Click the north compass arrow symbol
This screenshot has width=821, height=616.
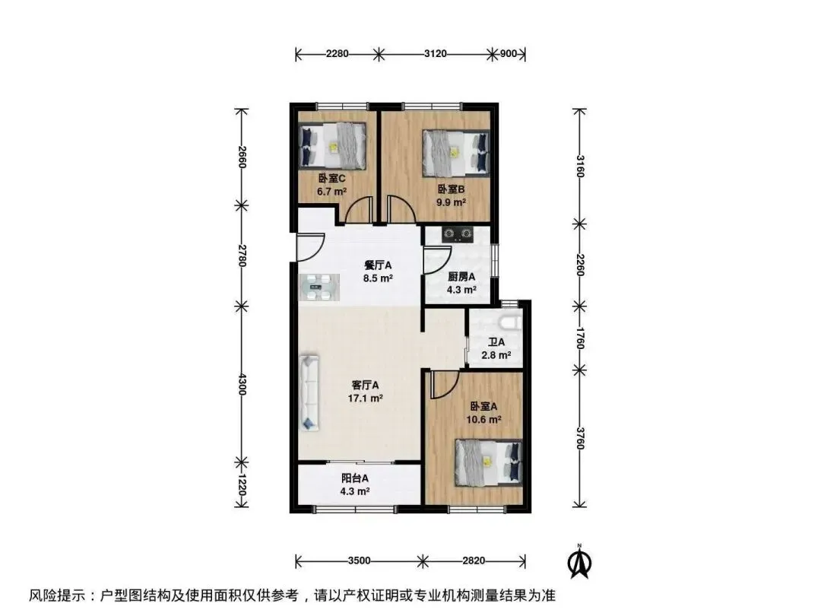coord(579,561)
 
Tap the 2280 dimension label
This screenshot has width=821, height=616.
coord(338,53)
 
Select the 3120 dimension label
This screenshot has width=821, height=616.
coord(436,53)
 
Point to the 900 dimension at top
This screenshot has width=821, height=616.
coord(509,53)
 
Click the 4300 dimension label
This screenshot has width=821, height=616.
coord(242,385)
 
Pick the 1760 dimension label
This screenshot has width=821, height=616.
coord(579,338)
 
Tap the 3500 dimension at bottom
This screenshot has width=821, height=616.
coord(359,561)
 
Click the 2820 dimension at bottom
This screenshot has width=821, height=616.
coord(474,561)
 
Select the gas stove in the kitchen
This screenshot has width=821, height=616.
coord(458,233)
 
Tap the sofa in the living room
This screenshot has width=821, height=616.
coord(309,393)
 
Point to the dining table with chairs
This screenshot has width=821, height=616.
coord(319,287)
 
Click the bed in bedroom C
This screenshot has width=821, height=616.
coord(332,146)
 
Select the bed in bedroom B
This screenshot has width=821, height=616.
coord(456,152)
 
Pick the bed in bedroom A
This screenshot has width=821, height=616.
coord(489,462)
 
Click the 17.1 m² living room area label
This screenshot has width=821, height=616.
coord(365,398)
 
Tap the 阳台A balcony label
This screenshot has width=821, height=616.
coord(355,478)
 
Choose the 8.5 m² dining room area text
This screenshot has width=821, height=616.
coord(378,278)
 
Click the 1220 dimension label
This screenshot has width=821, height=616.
coord(242,485)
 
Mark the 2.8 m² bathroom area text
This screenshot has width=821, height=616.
coord(496,355)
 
